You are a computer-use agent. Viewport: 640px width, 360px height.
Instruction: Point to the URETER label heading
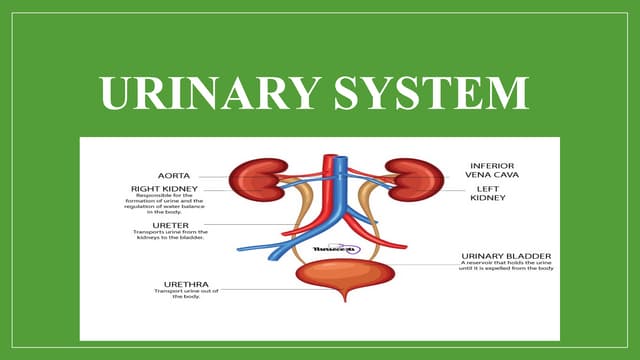pyautogui.click(x=151, y=224)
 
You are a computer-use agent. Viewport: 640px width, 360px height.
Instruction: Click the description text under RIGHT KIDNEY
pyautogui.click(x=166, y=205)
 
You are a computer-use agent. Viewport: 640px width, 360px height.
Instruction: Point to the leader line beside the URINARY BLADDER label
pyautogui.click(x=420, y=264)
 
